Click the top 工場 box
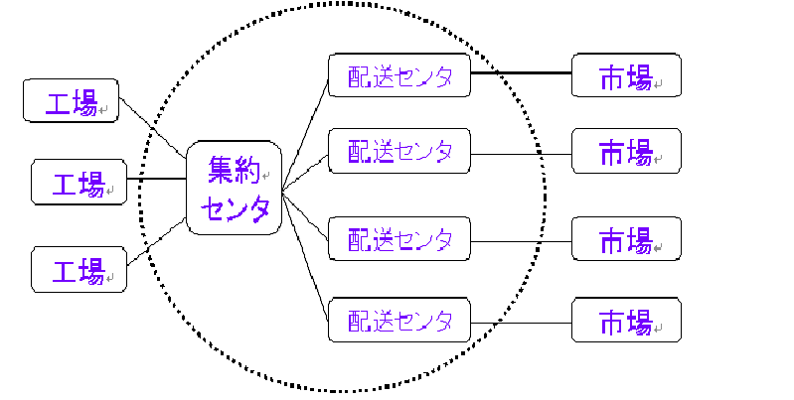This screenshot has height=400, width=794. pyautogui.click(x=71, y=101)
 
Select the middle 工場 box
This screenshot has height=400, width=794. pyautogui.click(x=79, y=182)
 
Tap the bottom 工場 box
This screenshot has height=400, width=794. pyautogui.click(x=79, y=270)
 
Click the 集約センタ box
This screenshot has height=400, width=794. pyautogui.click(x=235, y=188)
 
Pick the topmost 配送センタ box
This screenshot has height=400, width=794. pyautogui.click(x=398, y=75)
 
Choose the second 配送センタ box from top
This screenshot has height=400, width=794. pyautogui.click(x=398, y=152)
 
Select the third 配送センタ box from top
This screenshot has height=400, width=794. pyautogui.click(x=398, y=238)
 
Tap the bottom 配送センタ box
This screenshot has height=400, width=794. pyautogui.click(x=398, y=320)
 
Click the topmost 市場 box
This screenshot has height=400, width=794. pyautogui.click(x=626, y=75)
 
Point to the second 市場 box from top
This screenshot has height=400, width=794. pyautogui.click(x=626, y=151)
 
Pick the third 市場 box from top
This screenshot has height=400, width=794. pyautogui.click(x=626, y=239)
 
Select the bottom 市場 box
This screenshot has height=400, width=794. pyautogui.click(x=626, y=321)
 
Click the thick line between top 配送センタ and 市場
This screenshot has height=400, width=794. pyautogui.click(x=520, y=73)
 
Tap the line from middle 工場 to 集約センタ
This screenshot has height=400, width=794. pyautogui.click(x=156, y=180)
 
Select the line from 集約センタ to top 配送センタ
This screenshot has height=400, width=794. pyautogui.click(x=305, y=131)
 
